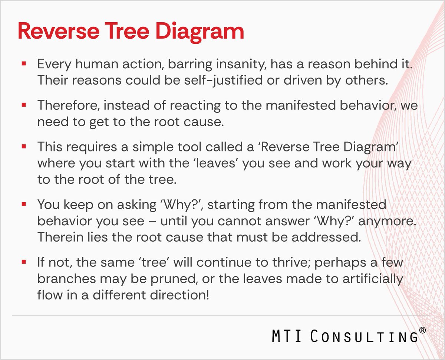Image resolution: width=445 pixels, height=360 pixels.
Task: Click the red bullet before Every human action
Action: click(24, 64)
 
